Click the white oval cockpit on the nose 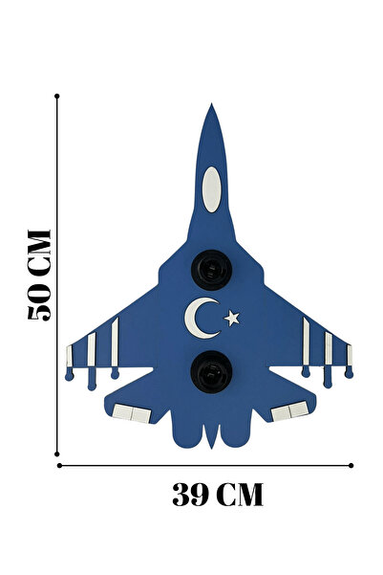click(211, 189)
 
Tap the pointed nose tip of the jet click(211, 104)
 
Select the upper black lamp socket click(211, 270)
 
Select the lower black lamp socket click(211, 371)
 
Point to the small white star click(232, 319)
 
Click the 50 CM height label click(39, 276)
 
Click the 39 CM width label click(218, 495)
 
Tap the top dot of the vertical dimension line click(56, 96)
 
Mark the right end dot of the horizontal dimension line click(351, 465)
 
